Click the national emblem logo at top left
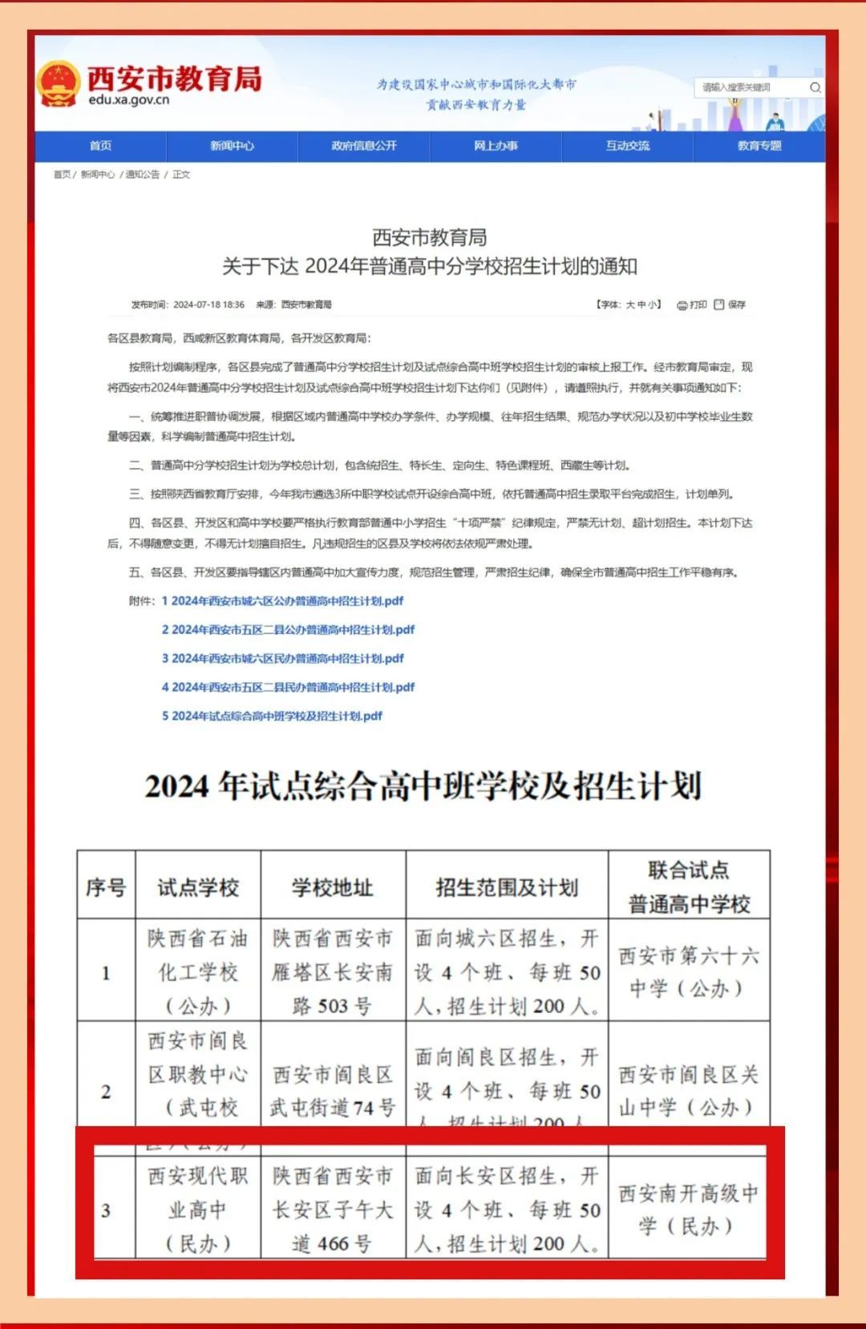(x=59, y=83)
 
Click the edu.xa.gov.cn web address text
(x=129, y=100)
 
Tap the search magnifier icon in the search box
(x=815, y=87)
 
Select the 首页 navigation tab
(x=100, y=146)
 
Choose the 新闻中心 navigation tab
(x=232, y=146)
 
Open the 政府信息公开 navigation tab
(x=364, y=146)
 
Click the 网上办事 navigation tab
(x=496, y=146)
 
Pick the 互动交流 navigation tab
(x=628, y=146)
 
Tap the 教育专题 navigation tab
(x=759, y=146)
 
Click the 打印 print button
(x=692, y=305)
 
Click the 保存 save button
(x=730, y=305)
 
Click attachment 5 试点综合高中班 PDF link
(x=272, y=716)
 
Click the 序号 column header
(x=106, y=887)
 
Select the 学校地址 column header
(x=332, y=887)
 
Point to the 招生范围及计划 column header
(x=506, y=887)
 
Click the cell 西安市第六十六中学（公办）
(x=688, y=972)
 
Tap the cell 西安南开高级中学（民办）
(x=688, y=1209)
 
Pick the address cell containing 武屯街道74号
(x=332, y=1090)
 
